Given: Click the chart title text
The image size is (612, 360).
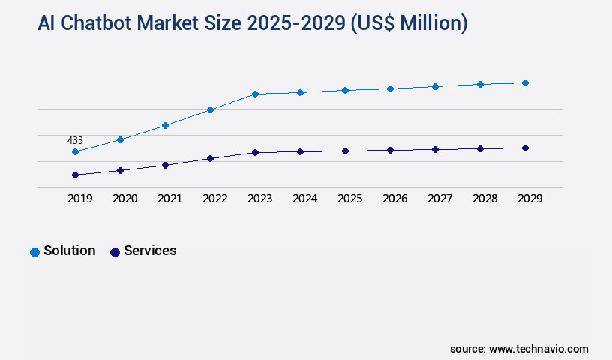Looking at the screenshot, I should point(252,23).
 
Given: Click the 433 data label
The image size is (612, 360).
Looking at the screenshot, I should point(75,140).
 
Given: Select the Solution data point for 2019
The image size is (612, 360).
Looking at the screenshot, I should point(75,152).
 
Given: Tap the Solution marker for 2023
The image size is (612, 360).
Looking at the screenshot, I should point(255,94).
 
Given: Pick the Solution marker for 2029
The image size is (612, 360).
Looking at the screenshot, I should point(525,82).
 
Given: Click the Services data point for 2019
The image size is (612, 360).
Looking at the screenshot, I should point(75,175).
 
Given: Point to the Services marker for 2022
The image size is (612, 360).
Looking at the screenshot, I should point(210,159).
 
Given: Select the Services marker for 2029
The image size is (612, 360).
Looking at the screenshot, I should point(525,148).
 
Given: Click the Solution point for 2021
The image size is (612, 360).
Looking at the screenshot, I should point(165,125).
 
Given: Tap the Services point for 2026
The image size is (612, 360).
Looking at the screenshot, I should point(390,150).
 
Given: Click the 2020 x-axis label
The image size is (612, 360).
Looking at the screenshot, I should point(124,199).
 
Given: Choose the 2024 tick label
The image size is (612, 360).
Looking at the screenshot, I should point(304,199).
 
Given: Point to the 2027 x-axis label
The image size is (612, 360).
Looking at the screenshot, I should point(439,199).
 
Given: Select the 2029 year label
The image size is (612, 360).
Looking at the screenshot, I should point(529,199).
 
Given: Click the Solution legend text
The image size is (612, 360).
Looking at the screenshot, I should point(70,250).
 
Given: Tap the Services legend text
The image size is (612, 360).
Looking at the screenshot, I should point(150,250).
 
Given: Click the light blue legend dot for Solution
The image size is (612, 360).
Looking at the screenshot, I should point(34,252).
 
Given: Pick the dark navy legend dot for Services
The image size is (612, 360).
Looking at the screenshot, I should point(115,252).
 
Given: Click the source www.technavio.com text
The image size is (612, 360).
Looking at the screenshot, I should point(519,349).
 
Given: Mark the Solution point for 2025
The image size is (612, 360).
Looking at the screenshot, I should point(345,90).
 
